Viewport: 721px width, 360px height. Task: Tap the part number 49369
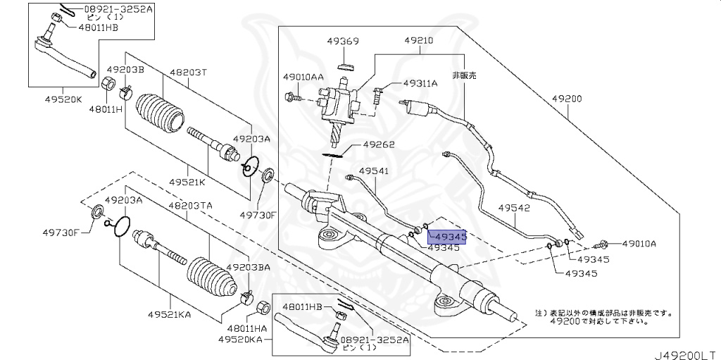[x=343, y=42]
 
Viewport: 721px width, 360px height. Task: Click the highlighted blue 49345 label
[x=446, y=237]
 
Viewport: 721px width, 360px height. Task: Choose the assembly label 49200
[x=567, y=99]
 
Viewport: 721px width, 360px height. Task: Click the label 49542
[x=515, y=208]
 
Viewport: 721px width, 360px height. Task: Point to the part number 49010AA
[x=303, y=76]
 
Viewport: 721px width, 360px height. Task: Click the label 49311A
[x=420, y=83]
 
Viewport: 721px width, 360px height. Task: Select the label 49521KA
[x=170, y=314]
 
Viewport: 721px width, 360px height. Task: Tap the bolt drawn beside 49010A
[x=601, y=245]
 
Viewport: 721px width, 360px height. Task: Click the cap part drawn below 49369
[x=344, y=67]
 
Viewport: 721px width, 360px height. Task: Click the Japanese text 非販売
[x=464, y=75]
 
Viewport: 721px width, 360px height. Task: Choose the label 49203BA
[x=248, y=268]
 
